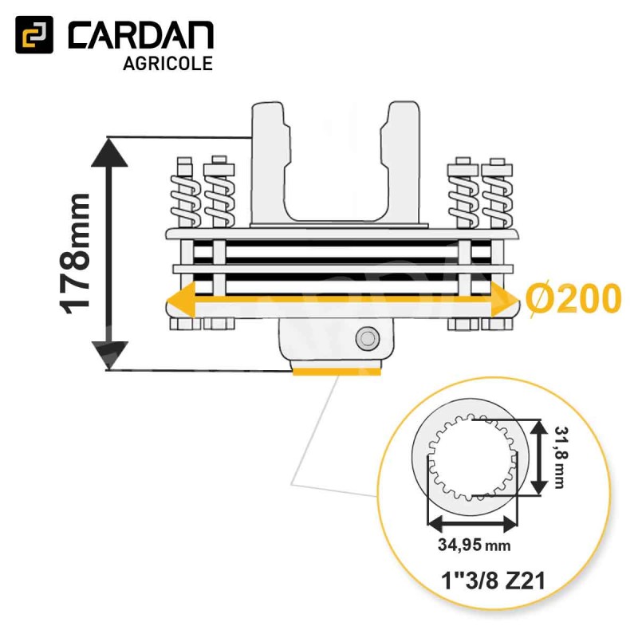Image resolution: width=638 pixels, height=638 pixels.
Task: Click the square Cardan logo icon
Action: (34, 34)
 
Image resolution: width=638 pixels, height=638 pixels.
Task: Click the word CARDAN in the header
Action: (141, 35)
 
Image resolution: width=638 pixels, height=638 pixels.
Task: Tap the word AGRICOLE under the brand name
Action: (168, 64)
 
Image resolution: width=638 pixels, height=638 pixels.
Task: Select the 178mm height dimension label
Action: (75, 254)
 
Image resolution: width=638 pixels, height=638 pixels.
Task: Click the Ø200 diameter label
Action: (573, 298)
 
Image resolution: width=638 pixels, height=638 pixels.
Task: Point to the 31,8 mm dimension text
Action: (561, 457)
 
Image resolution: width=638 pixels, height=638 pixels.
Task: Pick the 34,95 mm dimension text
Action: (474, 545)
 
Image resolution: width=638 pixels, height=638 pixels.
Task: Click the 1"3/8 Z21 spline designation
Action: (493, 581)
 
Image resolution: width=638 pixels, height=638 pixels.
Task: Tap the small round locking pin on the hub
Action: (368, 338)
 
